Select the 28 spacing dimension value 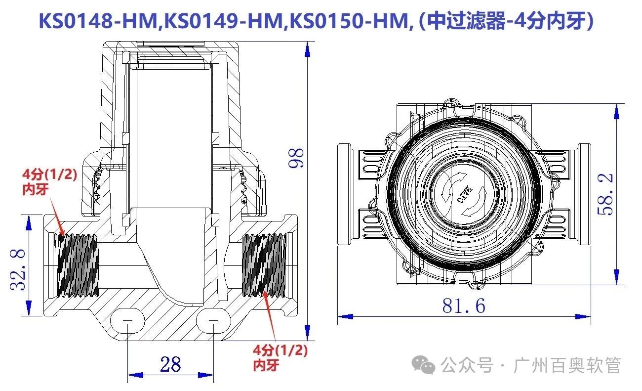pos(170,365)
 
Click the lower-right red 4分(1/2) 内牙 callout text pos(280,357)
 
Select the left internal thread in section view pos(78,265)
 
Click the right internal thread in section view pos(264,265)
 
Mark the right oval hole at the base pos(214,321)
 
